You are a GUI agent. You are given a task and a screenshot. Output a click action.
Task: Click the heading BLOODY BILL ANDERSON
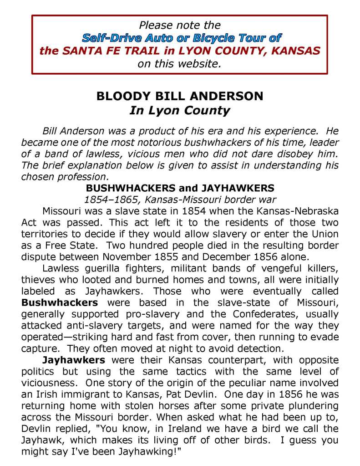click(180, 97)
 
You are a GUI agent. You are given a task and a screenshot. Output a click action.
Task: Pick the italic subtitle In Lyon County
click(180, 110)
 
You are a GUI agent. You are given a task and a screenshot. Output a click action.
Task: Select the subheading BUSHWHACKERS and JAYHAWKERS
click(180, 188)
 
